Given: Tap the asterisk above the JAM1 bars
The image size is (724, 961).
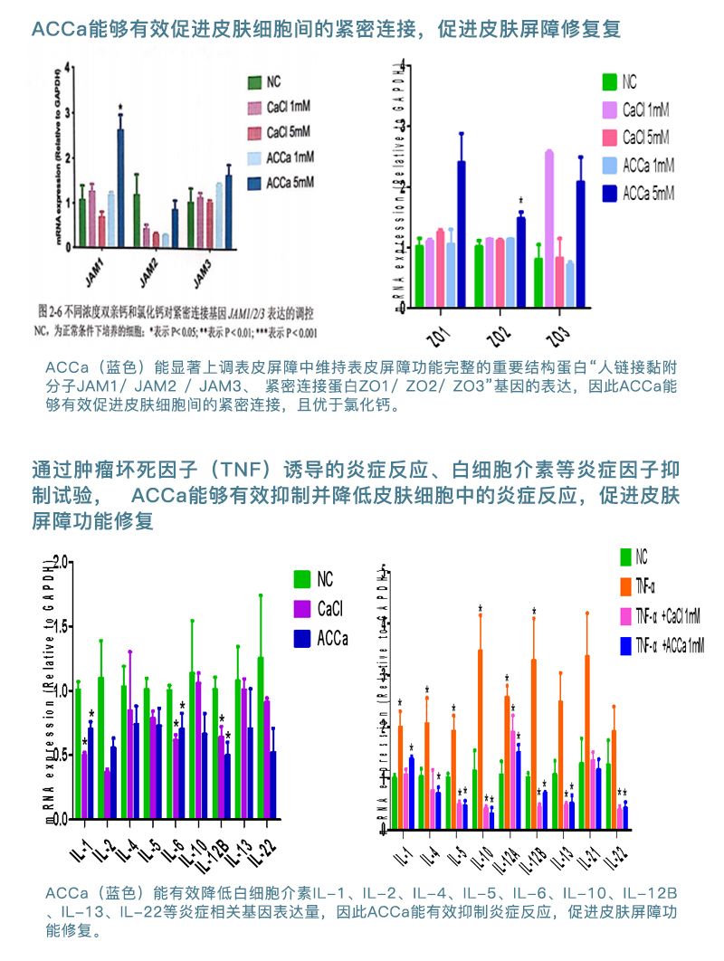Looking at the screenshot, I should coord(119,107).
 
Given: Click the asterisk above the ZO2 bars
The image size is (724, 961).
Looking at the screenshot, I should coord(520,201).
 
